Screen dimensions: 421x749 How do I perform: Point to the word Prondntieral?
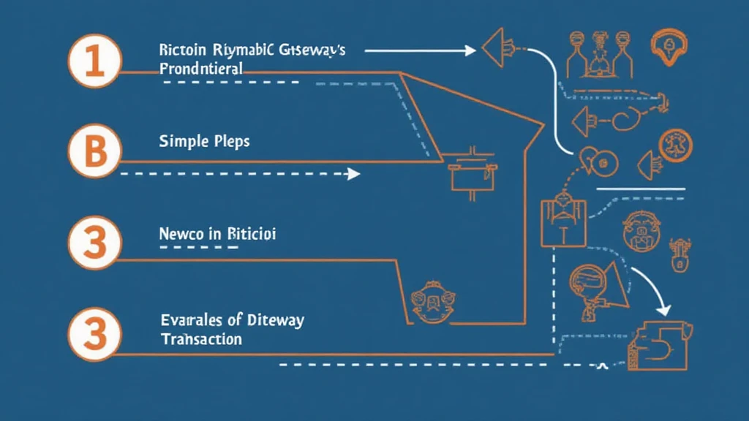pyautogui.click(x=200, y=69)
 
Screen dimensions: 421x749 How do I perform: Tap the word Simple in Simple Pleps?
pyautogui.click(x=180, y=141)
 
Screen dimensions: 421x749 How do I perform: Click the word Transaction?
pyautogui.click(x=200, y=339)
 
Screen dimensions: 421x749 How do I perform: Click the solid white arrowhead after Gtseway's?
pyautogui.click(x=469, y=50)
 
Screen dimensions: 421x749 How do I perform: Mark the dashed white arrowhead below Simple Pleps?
pyautogui.click(x=354, y=174)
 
